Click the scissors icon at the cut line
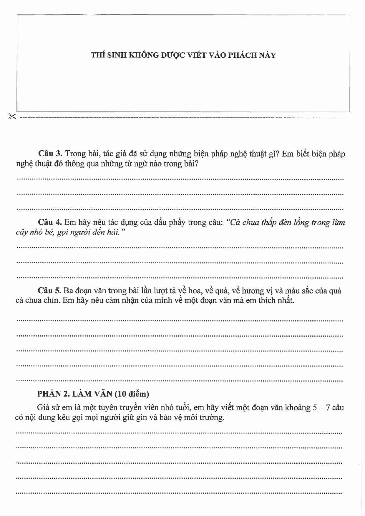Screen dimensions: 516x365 point(12,116)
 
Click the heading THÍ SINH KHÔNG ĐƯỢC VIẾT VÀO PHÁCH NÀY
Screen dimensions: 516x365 point(183,55)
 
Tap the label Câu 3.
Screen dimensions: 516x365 point(50,154)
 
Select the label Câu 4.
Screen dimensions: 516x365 point(50,222)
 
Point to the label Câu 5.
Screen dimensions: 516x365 point(49,291)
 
